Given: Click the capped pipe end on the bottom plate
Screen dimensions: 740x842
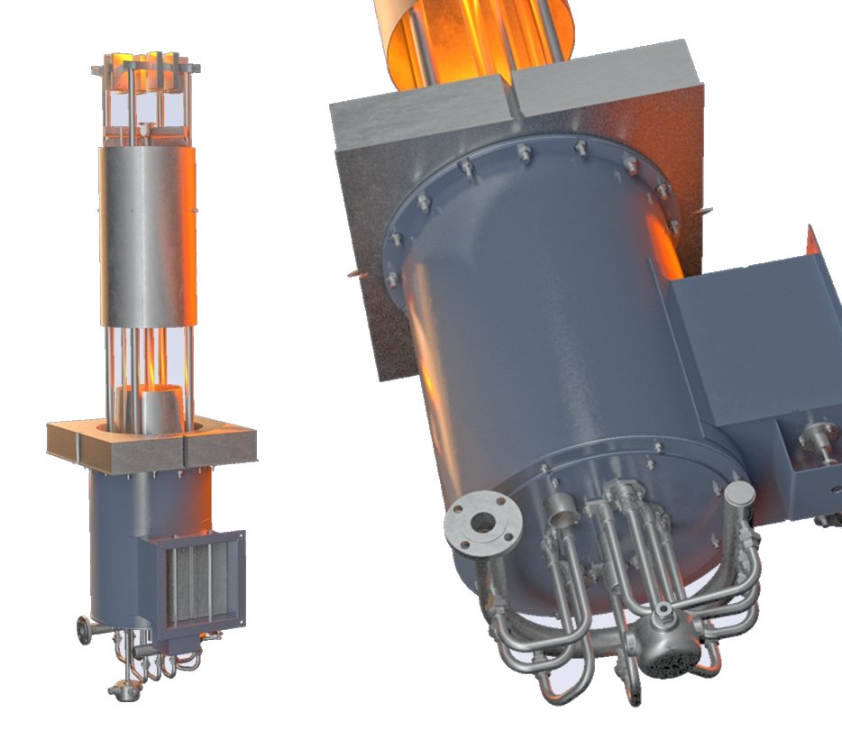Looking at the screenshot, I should point(737,493).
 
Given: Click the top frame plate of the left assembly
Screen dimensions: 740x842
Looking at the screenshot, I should point(145,69).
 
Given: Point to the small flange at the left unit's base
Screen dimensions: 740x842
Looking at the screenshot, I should point(85,629).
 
